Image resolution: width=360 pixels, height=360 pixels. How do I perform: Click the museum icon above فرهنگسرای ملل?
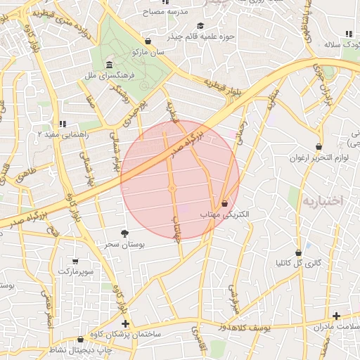pos(108,65)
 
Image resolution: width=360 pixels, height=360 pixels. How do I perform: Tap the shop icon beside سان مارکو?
pos(147,41)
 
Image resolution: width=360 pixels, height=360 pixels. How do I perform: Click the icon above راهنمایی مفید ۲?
pos(62,124)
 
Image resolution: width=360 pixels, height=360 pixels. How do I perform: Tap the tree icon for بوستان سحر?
pos(125,233)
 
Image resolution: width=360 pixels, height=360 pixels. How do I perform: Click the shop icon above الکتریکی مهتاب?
pos(224,202)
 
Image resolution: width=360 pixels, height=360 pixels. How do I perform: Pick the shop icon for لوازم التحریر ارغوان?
pos(319,147)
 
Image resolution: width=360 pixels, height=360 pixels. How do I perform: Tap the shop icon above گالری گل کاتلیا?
pos(298,252)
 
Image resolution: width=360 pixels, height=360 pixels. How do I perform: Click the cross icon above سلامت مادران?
pos(337,316)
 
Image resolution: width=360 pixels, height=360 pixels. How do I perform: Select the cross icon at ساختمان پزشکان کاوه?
pos(125,323)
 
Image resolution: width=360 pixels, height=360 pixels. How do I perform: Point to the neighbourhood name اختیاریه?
pos(322,201)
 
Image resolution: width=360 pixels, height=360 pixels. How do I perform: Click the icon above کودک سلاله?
pos(349,33)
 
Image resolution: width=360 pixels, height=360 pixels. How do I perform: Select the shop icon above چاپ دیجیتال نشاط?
pos(90,339)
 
